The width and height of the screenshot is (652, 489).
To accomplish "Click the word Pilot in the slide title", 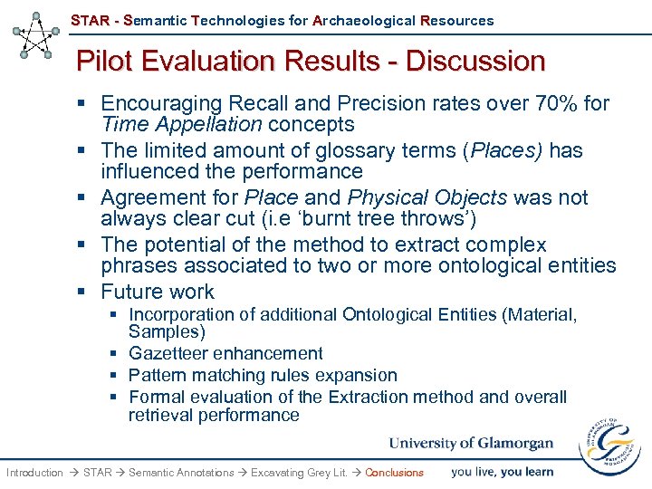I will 103,62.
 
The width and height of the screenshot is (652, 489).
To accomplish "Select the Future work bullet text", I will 158,292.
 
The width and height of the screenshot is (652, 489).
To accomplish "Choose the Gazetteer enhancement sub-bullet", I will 225,353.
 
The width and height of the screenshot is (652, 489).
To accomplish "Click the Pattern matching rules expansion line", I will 263,375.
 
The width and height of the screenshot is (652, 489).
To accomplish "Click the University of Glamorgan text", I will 471,443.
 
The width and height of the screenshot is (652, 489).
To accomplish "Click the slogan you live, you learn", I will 502,472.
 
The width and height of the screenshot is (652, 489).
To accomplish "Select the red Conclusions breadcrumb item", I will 394,473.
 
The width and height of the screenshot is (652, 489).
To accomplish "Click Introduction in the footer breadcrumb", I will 34,473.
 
